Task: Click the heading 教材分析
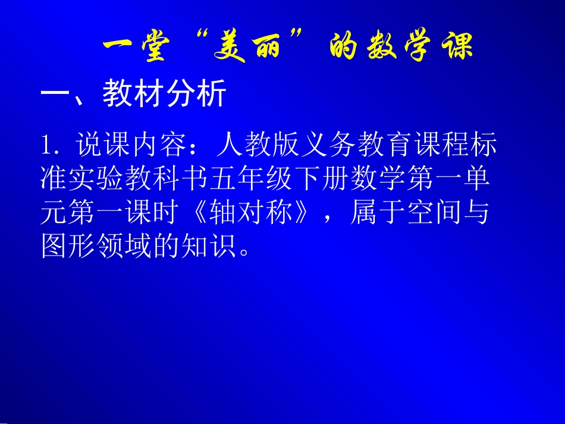165,94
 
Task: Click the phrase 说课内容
132,145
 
